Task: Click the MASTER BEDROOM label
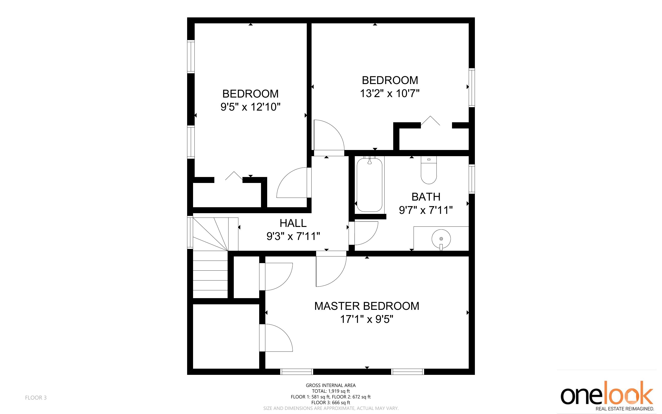pos(367,306)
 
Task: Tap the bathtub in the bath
pos(369,185)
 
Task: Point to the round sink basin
pos(441,239)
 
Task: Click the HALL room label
pos(293,223)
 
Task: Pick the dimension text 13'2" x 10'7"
pos(390,94)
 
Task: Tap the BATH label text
pos(426,197)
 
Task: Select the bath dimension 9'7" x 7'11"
pos(426,210)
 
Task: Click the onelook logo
pos(607,396)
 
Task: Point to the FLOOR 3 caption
pos(36,398)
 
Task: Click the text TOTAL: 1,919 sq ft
pos(331,391)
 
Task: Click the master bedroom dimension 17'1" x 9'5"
pos(367,319)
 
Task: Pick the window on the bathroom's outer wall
pos(472,179)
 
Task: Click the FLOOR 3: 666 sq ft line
pos(331,403)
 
